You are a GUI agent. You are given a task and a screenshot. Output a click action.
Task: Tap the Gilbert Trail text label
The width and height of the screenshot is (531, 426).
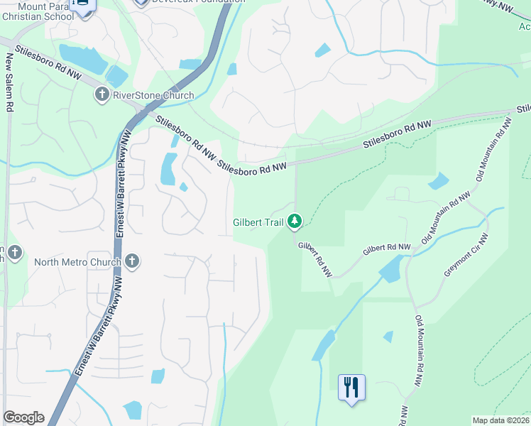258,222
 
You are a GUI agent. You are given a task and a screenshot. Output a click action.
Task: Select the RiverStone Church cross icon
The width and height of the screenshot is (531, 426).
102,94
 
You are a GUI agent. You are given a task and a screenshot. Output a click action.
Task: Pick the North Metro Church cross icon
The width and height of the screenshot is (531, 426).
131,261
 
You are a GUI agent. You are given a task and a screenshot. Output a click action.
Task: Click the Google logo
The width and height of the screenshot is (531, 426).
23,417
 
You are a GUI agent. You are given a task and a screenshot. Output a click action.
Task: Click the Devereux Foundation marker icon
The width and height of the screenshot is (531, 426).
141,2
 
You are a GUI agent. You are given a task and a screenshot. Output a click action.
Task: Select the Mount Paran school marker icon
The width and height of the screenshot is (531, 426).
84,6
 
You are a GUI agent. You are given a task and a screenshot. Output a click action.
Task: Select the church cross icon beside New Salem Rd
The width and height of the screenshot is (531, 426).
13,252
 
